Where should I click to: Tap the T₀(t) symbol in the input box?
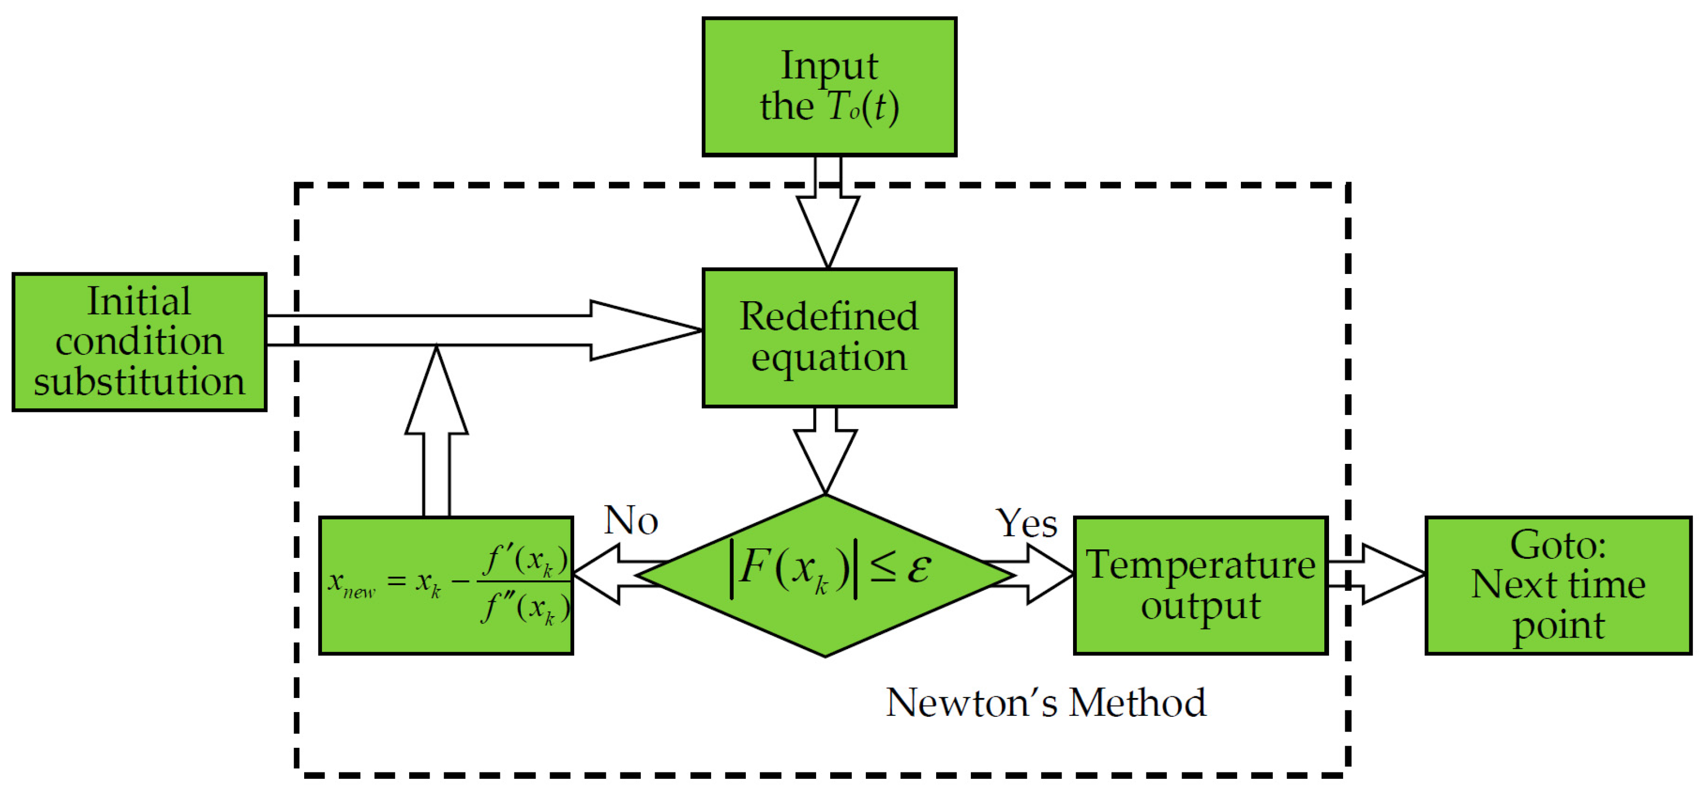click(x=863, y=107)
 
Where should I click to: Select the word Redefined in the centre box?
click(x=828, y=316)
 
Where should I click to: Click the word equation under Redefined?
click(x=828, y=358)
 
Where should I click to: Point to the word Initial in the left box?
click(x=139, y=301)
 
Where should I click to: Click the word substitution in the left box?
click(x=139, y=382)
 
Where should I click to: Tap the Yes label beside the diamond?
click(x=1026, y=524)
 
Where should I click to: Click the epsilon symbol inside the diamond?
click(x=919, y=568)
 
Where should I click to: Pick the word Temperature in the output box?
click(x=1200, y=565)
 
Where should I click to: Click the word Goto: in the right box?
click(x=1558, y=545)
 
